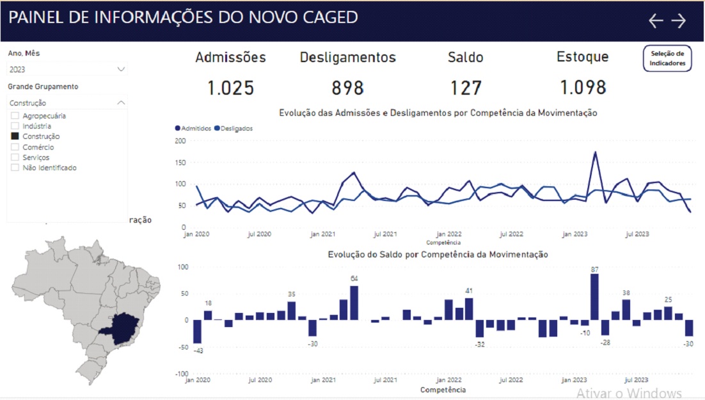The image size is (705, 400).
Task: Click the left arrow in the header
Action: click(656, 21)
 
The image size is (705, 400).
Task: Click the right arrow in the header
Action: click(678, 21)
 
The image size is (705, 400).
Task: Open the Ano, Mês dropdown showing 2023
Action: click(67, 69)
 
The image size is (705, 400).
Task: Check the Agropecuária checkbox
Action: click(15, 116)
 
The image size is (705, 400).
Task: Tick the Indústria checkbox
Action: click(15, 126)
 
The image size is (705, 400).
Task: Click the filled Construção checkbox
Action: click(15, 136)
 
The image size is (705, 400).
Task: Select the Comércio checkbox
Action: click(15, 147)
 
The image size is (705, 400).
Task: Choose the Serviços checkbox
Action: click(15, 157)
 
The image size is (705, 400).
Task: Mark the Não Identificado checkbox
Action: click(15, 168)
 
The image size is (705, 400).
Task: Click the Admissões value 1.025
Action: click(230, 88)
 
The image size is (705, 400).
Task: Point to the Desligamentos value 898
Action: click(348, 88)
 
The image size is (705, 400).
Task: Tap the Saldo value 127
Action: click(465, 88)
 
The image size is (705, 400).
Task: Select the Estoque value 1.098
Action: click(582, 88)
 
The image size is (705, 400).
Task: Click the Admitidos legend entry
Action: click(193, 128)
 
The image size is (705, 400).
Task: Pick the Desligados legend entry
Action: click(234, 128)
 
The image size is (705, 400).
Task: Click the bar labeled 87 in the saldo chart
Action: click(594, 297)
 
